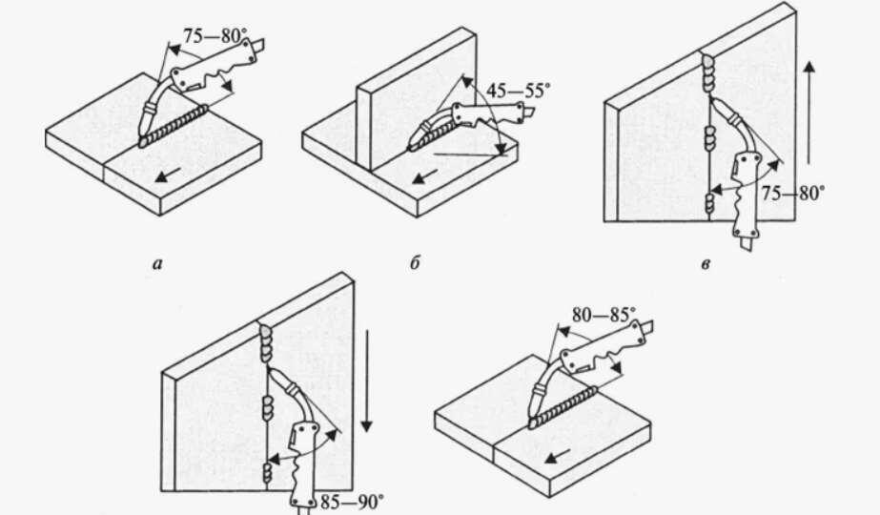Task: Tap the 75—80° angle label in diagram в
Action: [793, 194]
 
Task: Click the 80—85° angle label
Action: [604, 315]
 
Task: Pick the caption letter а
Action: [157, 263]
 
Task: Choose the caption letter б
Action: [415, 262]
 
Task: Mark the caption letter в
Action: [706, 264]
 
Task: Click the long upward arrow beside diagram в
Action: [808, 112]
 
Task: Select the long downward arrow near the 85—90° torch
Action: [366, 381]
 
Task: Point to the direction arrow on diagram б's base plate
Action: [425, 175]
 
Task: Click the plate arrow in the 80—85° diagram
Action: [558, 456]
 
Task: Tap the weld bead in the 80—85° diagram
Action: [563, 407]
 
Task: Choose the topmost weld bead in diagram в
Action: [708, 73]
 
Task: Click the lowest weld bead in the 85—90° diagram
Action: [269, 473]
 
